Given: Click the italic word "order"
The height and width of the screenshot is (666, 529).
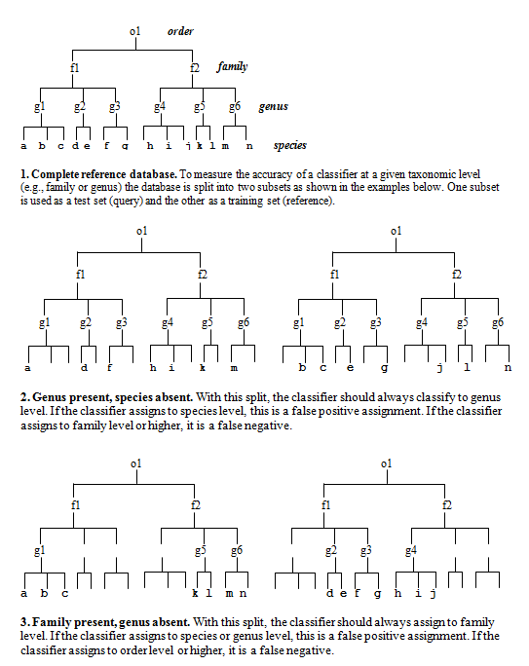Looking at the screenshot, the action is click(180, 31).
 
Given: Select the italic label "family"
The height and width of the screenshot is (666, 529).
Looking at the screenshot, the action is click(232, 66).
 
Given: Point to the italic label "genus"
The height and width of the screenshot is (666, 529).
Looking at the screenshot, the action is click(273, 106).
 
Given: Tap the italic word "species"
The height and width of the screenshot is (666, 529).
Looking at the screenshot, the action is click(289, 146).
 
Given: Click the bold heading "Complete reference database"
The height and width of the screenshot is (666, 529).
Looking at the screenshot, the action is click(103, 174).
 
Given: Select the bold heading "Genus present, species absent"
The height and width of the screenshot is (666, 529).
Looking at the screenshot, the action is click(112, 397).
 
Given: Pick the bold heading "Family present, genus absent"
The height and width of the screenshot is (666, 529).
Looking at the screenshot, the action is click(111, 622).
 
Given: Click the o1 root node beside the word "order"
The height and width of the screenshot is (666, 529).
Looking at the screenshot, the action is click(134, 31).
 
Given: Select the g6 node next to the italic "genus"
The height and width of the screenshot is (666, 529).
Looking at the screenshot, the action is click(235, 106).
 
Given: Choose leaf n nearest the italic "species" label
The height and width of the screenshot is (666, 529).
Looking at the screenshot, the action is click(249, 146).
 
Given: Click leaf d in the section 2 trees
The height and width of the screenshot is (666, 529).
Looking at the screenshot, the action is click(84, 367).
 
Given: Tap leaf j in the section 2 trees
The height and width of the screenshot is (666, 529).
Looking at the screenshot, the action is click(440, 368).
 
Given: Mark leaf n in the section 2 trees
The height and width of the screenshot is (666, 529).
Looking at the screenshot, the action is click(508, 368).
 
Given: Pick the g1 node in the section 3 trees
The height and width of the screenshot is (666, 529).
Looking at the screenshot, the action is click(40, 551).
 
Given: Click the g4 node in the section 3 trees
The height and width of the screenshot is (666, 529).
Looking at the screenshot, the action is click(411, 551).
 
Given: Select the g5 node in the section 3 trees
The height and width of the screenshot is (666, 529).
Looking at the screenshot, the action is click(201, 551).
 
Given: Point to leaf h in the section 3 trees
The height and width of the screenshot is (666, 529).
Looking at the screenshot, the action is click(397, 593).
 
